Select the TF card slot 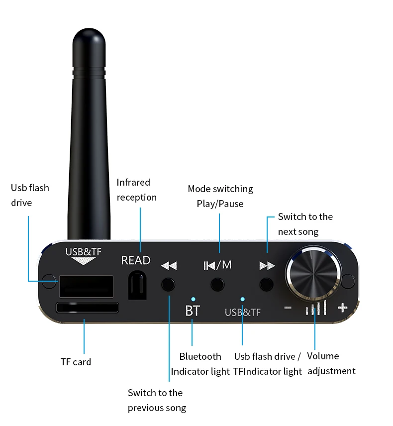pyautogui.click(x=88, y=308)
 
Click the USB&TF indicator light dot pyautogui.click(x=242, y=299)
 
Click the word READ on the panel pyautogui.click(x=136, y=260)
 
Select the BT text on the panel pyautogui.click(x=192, y=312)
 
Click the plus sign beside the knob pyautogui.click(x=342, y=308)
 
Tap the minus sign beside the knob pyautogui.click(x=288, y=308)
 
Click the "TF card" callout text pyautogui.click(x=76, y=362)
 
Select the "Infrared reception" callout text pyautogui.click(x=137, y=190)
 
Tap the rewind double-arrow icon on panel pyautogui.click(x=169, y=266)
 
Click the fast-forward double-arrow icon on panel pyautogui.click(x=267, y=266)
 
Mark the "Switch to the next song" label pyautogui.click(x=305, y=224)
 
